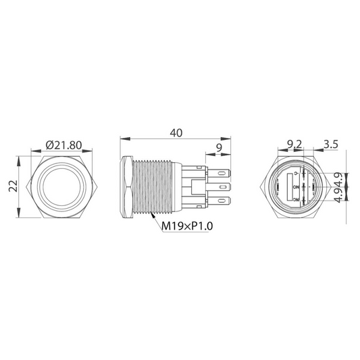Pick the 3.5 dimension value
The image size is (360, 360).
click(331, 144)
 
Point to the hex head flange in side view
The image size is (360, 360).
click(126, 186)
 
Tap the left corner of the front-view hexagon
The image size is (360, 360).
click(24, 186)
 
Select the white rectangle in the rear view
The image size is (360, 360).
click(294, 186)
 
